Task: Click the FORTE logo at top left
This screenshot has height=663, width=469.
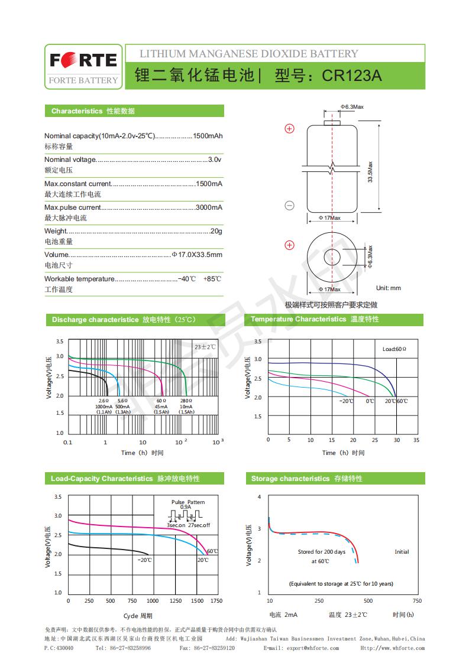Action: (x=83, y=60)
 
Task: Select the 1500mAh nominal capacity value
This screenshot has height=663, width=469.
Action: (x=208, y=136)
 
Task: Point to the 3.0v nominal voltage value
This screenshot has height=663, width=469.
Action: (x=215, y=160)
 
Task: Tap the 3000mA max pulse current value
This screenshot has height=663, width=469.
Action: (x=209, y=207)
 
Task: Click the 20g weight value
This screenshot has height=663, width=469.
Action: (x=216, y=231)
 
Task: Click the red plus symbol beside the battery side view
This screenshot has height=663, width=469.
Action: (x=290, y=129)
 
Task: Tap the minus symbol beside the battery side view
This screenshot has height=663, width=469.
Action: (x=290, y=205)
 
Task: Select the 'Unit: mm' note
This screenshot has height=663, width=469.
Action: (x=389, y=288)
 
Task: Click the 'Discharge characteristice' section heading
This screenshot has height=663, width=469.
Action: (x=95, y=320)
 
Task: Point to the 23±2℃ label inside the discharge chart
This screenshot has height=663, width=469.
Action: (x=205, y=347)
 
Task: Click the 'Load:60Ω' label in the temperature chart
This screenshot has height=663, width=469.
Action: (x=394, y=349)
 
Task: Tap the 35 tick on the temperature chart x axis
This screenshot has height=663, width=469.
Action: (x=416, y=440)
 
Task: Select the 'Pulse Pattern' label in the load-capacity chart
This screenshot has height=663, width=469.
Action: (x=188, y=502)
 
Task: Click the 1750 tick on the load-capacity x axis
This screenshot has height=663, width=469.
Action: (x=216, y=600)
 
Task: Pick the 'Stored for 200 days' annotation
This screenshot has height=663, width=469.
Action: (x=322, y=552)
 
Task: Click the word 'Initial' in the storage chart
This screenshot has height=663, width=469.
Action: (x=402, y=552)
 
